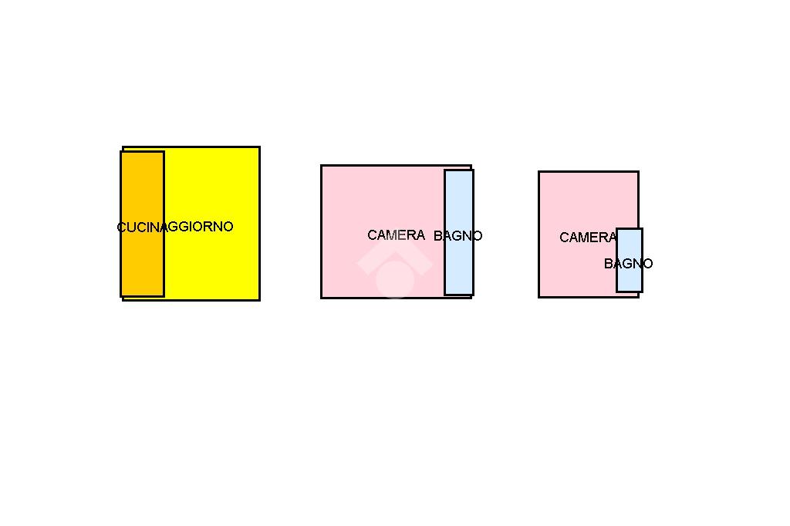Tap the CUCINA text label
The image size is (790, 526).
coord(140,227)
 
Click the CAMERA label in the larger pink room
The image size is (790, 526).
coord(396,235)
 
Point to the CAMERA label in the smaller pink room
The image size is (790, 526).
coord(587,238)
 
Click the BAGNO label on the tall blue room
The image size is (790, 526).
coord(458,236)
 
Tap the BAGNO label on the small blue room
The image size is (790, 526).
coord(629,264)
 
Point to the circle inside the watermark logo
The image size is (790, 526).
coord(394,278)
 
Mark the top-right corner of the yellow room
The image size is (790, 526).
coord(259,147)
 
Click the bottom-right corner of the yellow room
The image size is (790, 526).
coord(259,299)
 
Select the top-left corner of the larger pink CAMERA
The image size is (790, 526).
coord(322,166)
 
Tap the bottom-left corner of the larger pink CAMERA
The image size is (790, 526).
coord(322,297)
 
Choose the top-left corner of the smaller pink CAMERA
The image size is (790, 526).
coord(539,172)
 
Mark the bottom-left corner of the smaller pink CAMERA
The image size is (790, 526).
coord(539,296)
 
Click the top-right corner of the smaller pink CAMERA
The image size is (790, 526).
coord(638,172)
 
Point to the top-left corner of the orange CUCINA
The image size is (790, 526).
coord(121,152)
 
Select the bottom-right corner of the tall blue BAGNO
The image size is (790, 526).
coord(472,294)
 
